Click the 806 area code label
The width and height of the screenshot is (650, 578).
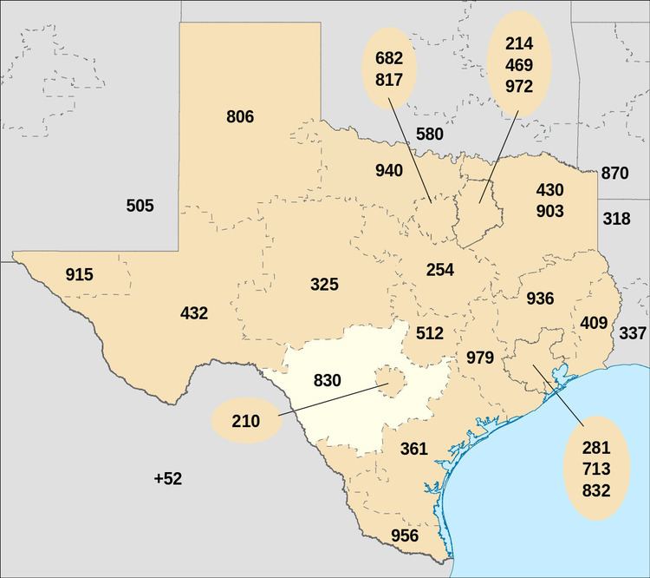tap(239, 116)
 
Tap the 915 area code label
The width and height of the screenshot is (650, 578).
tap(79, 275)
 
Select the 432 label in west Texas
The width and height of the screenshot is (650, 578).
tap(194, 313)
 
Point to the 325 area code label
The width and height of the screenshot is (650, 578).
tap(324, 284)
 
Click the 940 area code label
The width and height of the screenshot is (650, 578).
tap(389, 170)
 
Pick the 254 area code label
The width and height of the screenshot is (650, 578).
tap(440, 270)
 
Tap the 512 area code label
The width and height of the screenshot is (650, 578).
tap(429, 333)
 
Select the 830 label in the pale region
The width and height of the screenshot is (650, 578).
tap(327, 379)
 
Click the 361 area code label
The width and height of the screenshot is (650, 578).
tap(413, 449)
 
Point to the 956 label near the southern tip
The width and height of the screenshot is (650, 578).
tap(405, 535)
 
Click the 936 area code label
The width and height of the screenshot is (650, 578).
tap(540, 299)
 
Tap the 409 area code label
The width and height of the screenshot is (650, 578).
tap(594, 324)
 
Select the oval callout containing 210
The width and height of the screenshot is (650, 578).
tap(246, 422)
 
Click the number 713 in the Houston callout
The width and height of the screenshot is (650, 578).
tap(595, 470)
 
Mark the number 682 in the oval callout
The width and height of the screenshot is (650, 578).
tap(389, 58)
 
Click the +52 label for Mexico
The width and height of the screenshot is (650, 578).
tap(167, 478)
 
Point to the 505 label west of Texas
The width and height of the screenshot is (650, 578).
tap(140, 206)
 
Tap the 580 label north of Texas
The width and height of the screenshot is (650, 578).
tap(429, 135)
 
